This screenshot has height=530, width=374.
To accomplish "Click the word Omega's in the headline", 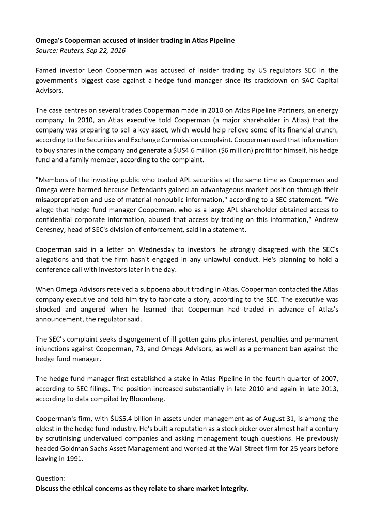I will point(49,40).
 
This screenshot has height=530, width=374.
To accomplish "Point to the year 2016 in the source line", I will point(117,50).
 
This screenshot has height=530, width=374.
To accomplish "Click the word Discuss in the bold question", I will point(48,488).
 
